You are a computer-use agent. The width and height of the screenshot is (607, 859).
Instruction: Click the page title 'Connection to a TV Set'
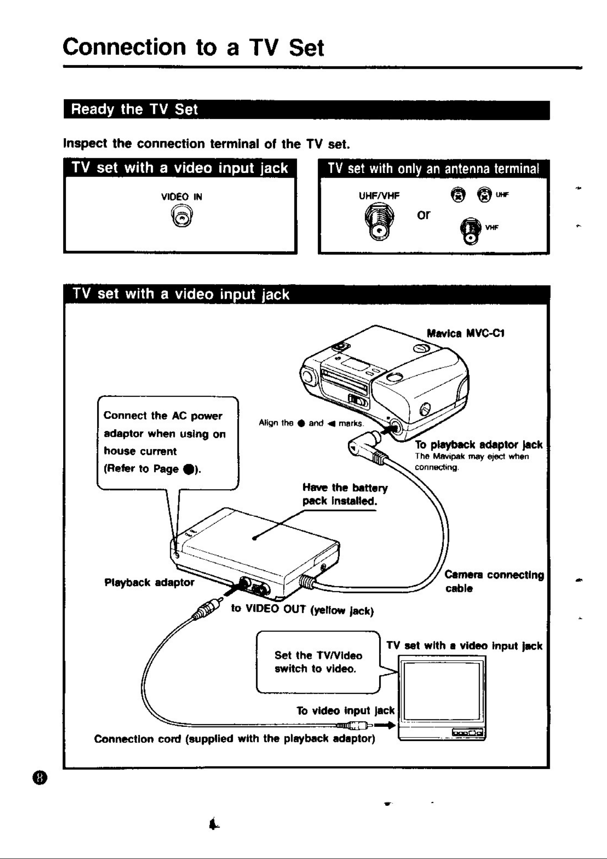(193, 47)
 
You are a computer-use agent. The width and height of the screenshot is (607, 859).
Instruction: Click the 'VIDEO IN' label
(182, 197)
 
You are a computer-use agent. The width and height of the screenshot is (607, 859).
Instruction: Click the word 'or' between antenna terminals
(424, 215)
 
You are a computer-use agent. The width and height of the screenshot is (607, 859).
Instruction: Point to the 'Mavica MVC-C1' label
(465, 333)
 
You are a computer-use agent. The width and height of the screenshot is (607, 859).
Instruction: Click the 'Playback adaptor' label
(149, 582)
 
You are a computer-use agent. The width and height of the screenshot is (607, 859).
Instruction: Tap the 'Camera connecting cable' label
(494, 581)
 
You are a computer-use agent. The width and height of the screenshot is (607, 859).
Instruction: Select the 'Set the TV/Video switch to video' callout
(318, 662)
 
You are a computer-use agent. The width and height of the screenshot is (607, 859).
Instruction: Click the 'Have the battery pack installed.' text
(345, 494)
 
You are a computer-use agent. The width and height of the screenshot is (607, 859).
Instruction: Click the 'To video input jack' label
(345, 711)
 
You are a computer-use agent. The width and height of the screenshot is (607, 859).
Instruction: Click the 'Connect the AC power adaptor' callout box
(168, 443)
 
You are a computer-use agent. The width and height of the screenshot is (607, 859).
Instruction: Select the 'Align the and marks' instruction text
(311, 423)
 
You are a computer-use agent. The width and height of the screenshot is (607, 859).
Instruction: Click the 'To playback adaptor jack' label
(479, 445)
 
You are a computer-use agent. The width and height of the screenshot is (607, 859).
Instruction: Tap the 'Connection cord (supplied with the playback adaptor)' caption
(235, 739)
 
